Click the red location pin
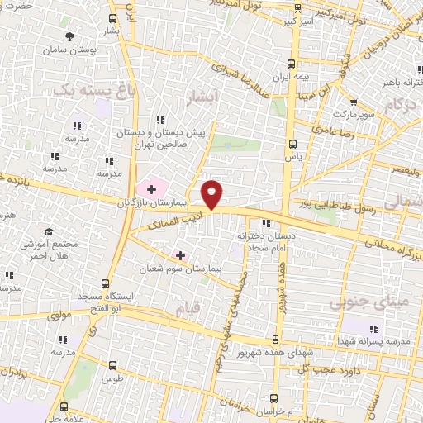click(213, 194)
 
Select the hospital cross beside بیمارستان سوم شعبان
click(180, 255)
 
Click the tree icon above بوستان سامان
click(70, 37)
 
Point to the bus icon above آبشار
click(113, 17)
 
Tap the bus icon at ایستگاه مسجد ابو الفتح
click(104, 282)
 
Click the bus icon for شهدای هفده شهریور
click(276, 339)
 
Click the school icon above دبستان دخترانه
click(265, 223)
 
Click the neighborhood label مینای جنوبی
click(357, 303)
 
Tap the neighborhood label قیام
click(188, 309)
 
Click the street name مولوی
click(63, 315)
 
